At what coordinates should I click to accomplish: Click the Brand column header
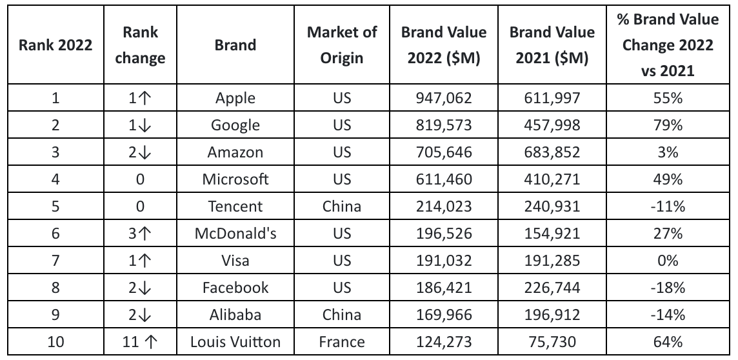click(x=235, y=46)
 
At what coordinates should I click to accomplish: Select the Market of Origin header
click(x=342, y=46)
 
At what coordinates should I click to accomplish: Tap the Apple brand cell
click(x=235, y=98)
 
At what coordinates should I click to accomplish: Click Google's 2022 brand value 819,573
click(x=443, y=125)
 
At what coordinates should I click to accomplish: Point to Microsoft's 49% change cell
click(x=667, y=179)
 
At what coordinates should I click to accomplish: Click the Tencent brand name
click(x=235, y=206)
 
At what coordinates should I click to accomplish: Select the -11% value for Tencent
click(x=667, y=206)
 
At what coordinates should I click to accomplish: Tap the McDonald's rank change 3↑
click(x=139, y=234)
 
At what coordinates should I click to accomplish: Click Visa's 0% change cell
click(x=667, y=261)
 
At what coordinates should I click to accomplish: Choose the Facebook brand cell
click(x=235, y=288)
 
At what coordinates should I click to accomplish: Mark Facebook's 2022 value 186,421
click(x=443, y=288)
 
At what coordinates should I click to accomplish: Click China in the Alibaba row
click(x=342, y=315)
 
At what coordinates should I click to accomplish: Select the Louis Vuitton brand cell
click(x=235, y=342)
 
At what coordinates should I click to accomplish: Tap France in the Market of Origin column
click(x=342, y=342)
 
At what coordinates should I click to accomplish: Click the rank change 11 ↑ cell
click(x=139, y=342)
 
